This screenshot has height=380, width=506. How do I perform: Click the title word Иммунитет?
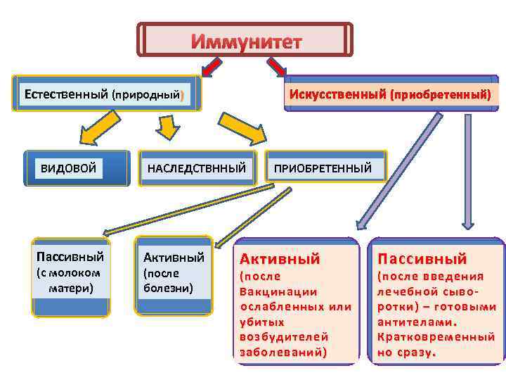coord(246,42)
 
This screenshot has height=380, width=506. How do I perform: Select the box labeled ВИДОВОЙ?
coord(68,167)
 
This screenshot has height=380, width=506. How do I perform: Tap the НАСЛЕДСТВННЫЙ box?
coord(196,167)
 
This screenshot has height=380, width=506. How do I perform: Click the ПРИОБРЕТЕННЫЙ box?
coord(323,167)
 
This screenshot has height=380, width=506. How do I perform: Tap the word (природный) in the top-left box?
coord(148,94)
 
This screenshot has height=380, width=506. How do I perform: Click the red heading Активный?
coord(280,259)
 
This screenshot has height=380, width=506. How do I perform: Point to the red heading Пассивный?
coord(422,259)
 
